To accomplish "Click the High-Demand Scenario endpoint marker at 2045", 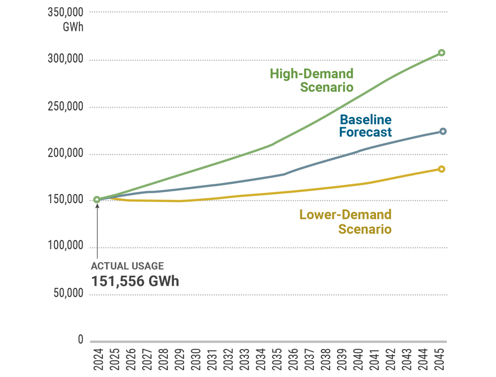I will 441,53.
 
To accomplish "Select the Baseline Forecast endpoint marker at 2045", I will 443,132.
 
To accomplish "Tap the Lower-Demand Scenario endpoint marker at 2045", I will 441,169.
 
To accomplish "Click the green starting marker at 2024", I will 97,200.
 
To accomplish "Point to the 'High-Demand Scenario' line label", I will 312,81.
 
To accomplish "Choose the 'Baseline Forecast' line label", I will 366,126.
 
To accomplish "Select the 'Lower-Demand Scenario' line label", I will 345,222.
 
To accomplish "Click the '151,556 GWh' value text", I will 135,282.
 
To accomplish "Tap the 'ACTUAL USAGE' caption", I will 127,266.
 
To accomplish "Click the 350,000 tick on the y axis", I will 66,13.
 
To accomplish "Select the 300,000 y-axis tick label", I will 66,60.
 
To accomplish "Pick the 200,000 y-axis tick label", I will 66,154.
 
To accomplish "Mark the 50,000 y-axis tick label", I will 68,293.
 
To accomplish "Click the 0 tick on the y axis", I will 81,340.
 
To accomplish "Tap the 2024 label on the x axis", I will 97,359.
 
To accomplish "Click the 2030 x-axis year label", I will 196,359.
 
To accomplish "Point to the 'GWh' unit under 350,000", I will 73,27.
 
